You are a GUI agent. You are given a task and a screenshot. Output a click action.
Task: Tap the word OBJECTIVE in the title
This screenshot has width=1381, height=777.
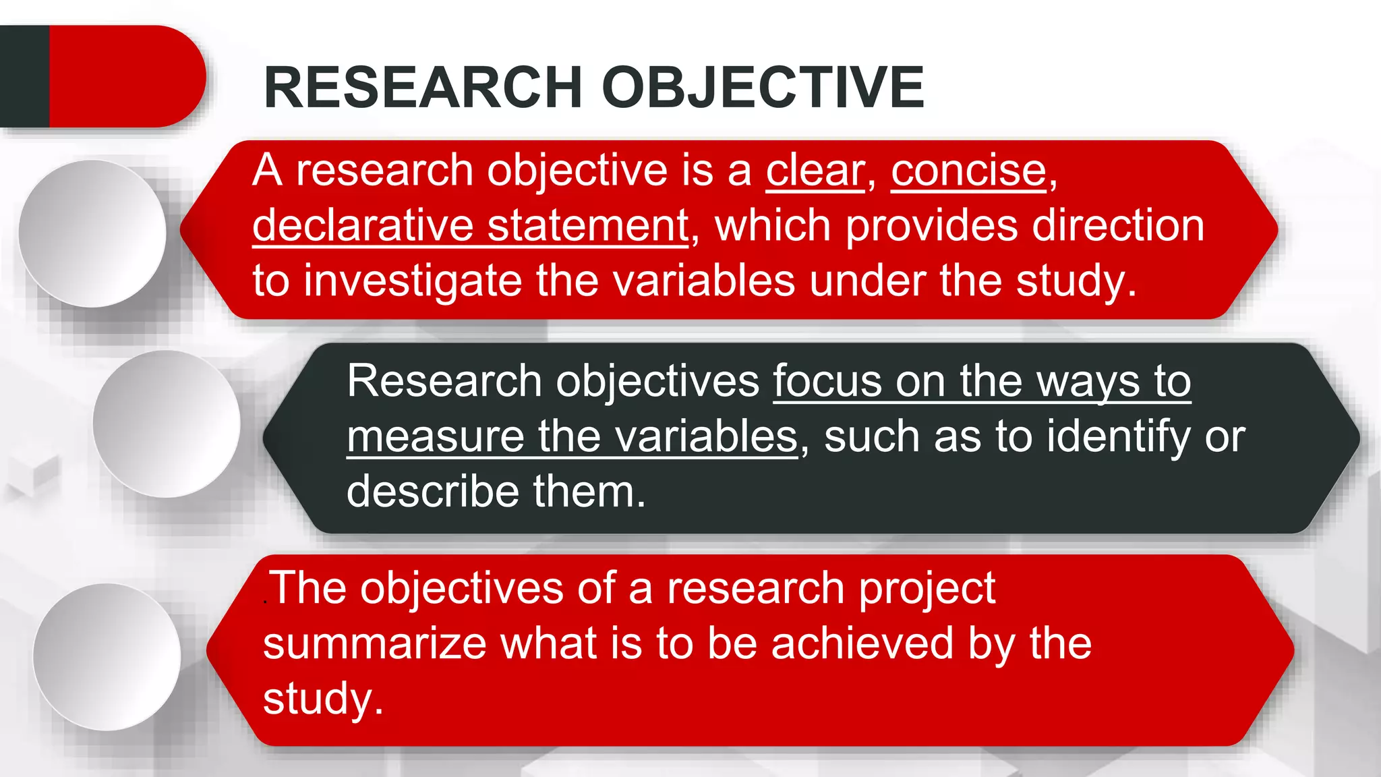(x=763, y=87)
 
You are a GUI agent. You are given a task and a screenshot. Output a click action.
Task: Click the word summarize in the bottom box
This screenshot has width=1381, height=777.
(x=375, y=643)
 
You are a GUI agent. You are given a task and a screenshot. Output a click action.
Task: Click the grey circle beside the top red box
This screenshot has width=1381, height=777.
(x=92, y=233)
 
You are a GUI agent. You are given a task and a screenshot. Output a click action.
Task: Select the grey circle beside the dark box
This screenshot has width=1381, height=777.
(x=167, y=424)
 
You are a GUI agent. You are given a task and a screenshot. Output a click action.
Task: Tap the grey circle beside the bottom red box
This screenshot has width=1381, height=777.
(x=107, y=656)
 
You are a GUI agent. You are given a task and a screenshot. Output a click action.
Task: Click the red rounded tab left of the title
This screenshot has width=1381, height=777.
(x=125, y=76)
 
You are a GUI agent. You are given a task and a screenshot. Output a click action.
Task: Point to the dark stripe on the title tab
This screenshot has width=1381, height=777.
(x=24, y=76)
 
